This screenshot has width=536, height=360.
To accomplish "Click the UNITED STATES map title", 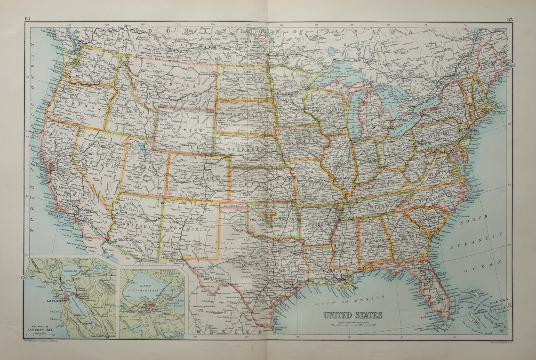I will (x=352, y=315).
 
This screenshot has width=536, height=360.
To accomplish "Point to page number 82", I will (x=28, y=19).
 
